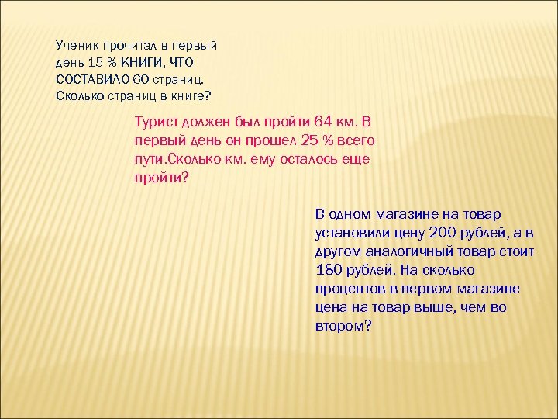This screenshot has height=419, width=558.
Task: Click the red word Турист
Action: click(157, 123)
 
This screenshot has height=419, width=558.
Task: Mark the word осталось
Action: click(308, 159)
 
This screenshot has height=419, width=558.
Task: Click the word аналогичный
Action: click(407, 251)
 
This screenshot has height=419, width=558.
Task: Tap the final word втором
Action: click(339, 327)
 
